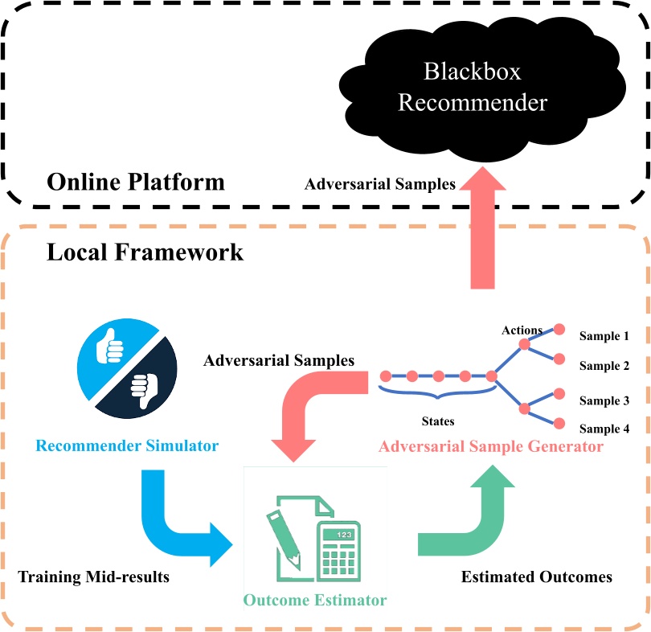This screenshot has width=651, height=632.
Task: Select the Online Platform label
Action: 136,182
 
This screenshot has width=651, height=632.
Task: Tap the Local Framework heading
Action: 145,252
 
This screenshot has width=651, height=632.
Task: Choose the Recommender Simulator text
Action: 127,445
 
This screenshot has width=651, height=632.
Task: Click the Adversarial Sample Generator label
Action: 491,446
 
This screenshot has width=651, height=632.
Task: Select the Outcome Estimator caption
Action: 316,600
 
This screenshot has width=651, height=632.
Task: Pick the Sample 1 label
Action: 604,336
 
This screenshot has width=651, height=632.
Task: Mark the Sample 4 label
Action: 604,429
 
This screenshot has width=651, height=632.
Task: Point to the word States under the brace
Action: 438,421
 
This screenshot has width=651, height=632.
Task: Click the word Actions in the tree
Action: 522,330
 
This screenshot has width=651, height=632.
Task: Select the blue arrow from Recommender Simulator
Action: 177,523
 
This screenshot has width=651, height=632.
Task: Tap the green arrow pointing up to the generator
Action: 474,515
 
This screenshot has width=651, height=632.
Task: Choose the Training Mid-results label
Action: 94,577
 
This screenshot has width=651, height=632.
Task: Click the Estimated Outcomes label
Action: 536,577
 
